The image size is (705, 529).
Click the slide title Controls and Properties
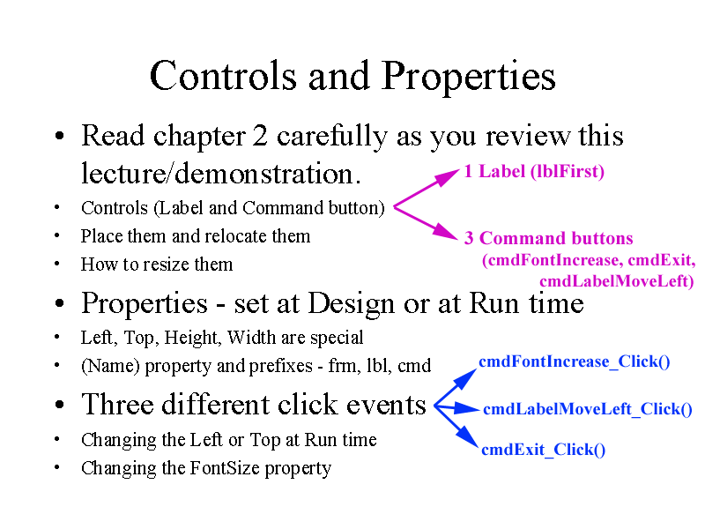[x=352, y=76]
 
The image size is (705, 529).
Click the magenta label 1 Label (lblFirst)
[x=534, y=171]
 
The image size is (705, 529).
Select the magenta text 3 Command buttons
[x=548, y=238]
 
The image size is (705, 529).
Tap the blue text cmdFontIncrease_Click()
[x=574, y=361]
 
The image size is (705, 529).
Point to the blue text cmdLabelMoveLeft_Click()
[x=587, y=409]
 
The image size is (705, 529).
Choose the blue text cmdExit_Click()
[x=543, y=450]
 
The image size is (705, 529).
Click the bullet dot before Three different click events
[x=58, y=406]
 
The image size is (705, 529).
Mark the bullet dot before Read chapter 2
[x=58, y=138]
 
